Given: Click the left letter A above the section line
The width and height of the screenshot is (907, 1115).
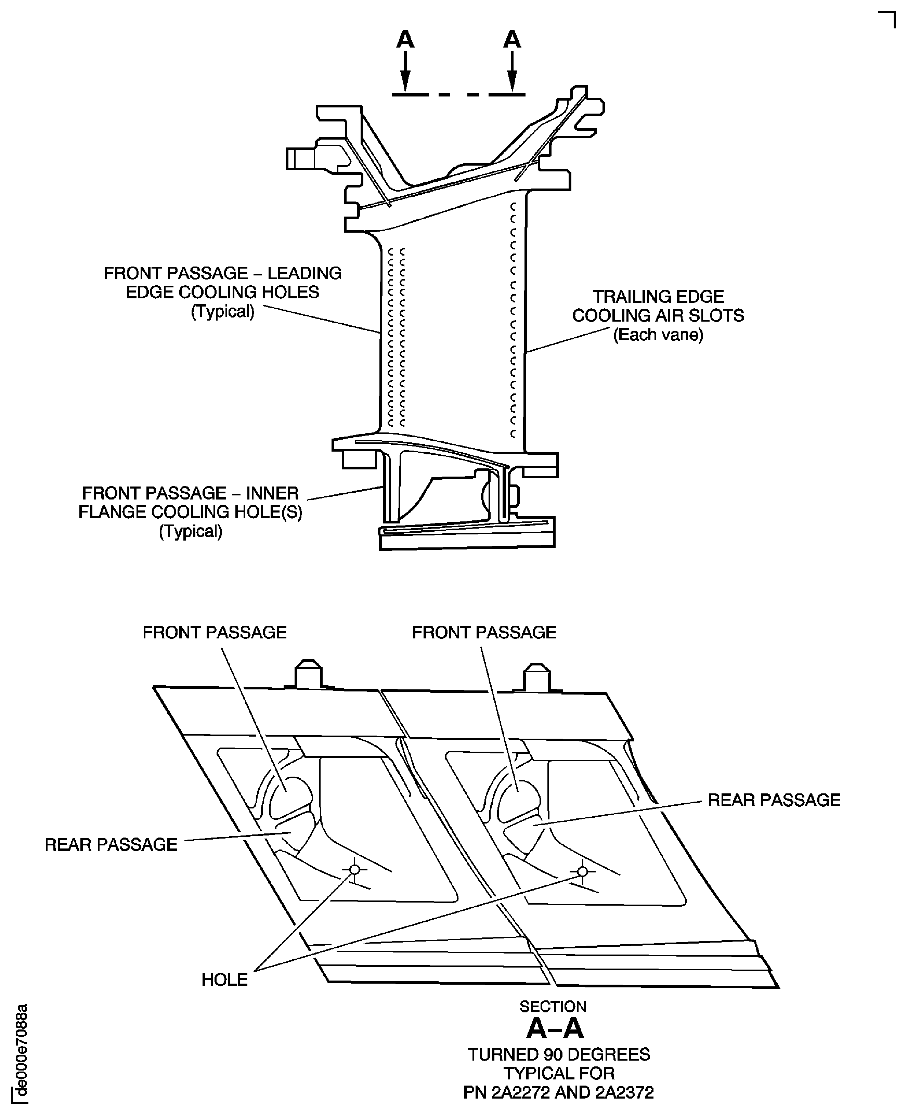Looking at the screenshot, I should [405, 40].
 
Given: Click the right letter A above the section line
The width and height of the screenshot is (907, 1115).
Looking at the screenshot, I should [512, 40].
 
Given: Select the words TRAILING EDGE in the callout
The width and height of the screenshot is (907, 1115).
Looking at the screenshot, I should [658, 297].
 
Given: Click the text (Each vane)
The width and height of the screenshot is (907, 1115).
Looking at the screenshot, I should [658, 334].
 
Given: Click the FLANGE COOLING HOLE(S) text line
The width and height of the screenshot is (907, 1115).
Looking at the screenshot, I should [190, 512].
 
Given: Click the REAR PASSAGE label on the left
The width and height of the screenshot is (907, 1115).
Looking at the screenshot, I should [111, 845].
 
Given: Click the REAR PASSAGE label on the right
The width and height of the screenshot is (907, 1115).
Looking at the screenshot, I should [774, 800].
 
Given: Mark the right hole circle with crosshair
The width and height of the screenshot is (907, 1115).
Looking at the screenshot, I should [583, 871].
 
